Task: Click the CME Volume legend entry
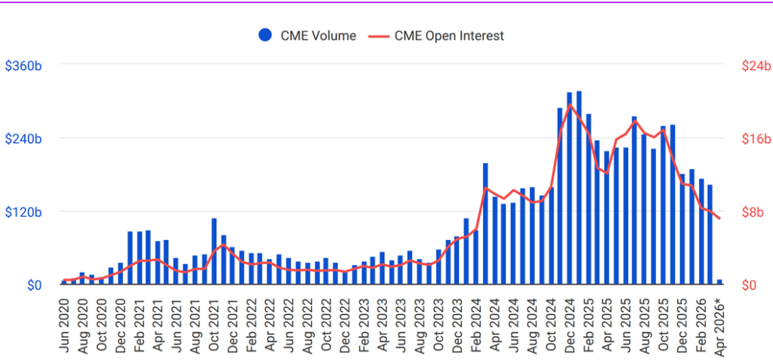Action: [306, 35]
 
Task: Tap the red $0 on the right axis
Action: [749, 285]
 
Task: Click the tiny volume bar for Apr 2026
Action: [719, 282]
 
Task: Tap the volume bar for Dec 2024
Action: [570, 189]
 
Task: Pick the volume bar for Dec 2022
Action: [346, 278]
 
